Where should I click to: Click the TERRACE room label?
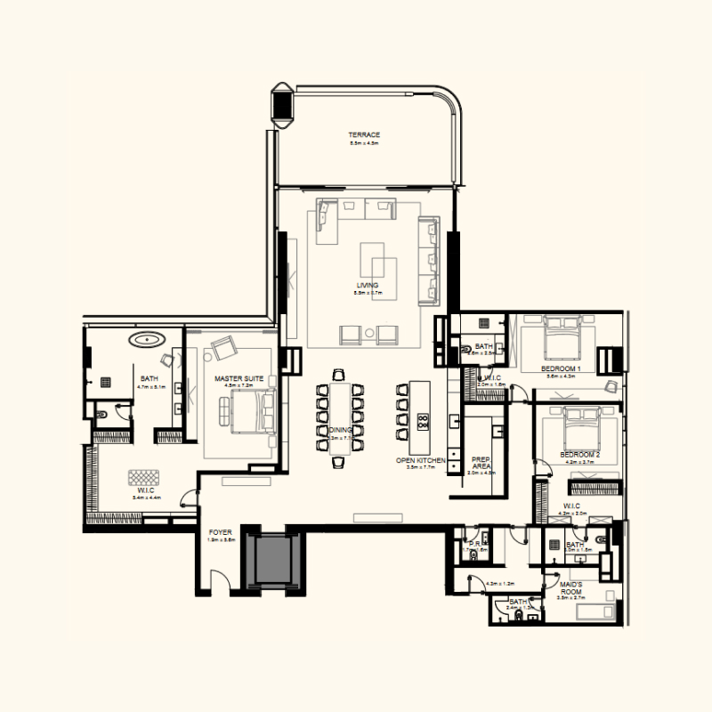(364, 134)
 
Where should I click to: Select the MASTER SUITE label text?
(239, 378)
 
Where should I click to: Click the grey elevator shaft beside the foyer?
(273, 558)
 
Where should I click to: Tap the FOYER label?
(220, 532)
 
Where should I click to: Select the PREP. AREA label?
(481, 462)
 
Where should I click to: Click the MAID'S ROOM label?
(570, 587)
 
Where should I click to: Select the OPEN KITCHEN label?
(419, 460)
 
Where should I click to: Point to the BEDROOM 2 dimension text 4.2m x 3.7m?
(578, 462)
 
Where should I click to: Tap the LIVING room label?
(367, 286)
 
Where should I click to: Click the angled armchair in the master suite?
(220, 347)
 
